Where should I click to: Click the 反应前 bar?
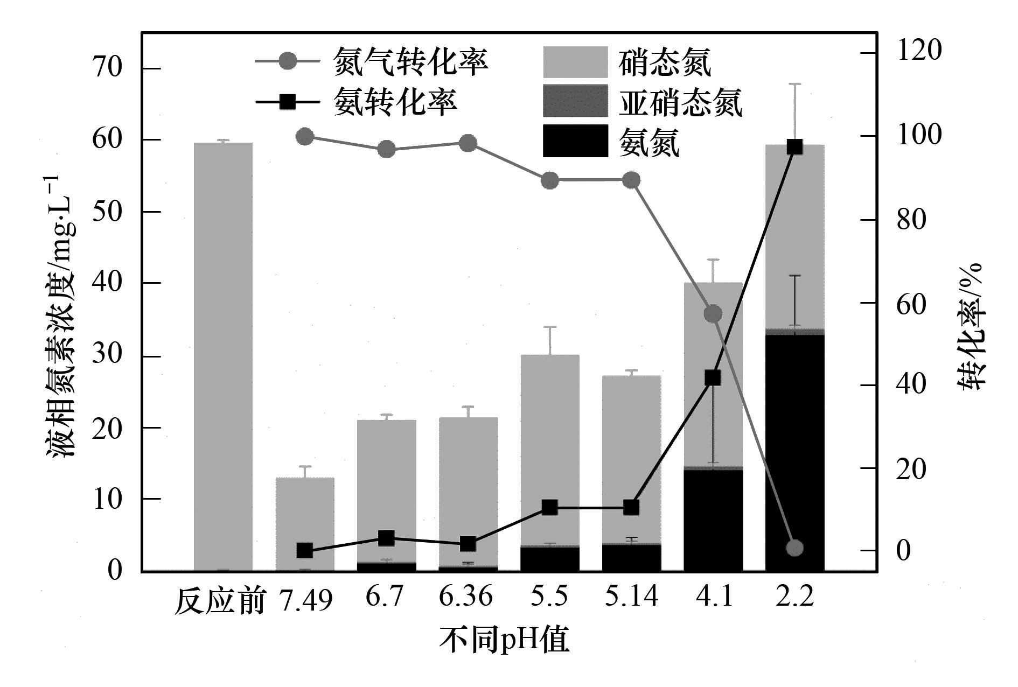(223, 355)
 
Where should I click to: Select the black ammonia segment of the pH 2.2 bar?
(794, 452)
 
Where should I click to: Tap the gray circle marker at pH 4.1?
(713, 314)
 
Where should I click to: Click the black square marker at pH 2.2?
(794, 147)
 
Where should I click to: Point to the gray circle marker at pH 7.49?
(305, 137)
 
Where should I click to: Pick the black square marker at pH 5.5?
(549, 507)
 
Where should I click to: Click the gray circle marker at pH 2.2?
(794, 548)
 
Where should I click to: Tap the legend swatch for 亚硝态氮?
(575, 101)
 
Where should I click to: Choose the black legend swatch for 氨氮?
(575, 141)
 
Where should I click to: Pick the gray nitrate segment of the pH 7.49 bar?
(305, 522)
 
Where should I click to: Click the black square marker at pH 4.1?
(713, 378)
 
